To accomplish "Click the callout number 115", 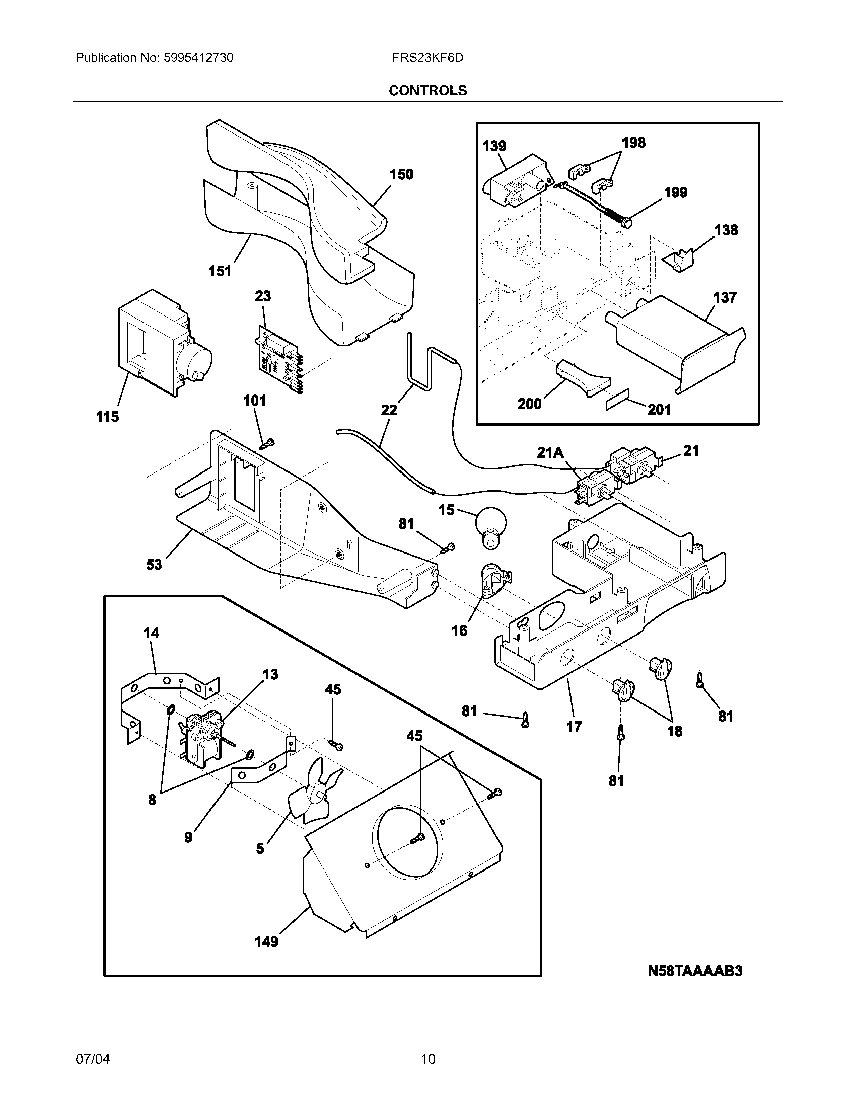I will coord(108,417).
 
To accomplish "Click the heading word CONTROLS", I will coord(427,90).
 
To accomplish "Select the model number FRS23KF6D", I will coord(427,58).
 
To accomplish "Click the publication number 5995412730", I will coord(198,58).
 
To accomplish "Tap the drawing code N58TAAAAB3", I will coord(695,970).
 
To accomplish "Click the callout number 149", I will coord(266,942).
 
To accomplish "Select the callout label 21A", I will coord(550,452).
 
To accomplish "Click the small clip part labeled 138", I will coord(678,261).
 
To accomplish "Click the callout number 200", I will coord(529,404).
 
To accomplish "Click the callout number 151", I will coord(220,271).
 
